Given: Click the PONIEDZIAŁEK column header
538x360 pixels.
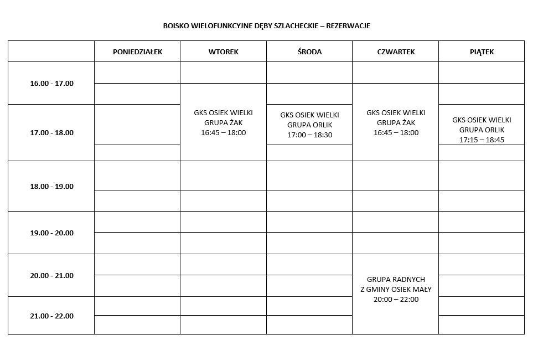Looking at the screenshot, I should [x=137, y=52].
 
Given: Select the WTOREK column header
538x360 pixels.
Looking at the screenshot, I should [x=223, y=52].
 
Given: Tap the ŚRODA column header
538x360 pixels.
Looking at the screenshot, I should [x=309, y=52].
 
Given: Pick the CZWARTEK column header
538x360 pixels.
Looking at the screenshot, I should [x=396, y=52].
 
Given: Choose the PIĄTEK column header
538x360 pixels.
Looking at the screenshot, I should [x=482, y=52].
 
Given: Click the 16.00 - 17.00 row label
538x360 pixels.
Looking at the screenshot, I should [x=51, y=84].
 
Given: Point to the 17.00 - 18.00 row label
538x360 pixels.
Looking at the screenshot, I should [x=51, y=133].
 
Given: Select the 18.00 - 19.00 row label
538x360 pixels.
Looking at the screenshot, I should [x=51, y=187].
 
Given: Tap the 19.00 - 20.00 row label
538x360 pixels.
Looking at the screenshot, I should [x=51, y=233].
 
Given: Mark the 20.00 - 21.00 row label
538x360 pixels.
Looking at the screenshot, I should [x=51, y=276].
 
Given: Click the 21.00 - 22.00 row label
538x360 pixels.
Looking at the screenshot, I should [x=51, y=316].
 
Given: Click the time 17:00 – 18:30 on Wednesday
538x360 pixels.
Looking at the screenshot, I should [x=309, y=135].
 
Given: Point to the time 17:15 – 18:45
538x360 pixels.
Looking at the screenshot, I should [x=482, y=140].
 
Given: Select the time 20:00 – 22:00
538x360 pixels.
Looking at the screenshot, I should [x=396, y=300].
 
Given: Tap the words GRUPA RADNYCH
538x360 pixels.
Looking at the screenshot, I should [x=396, y=280].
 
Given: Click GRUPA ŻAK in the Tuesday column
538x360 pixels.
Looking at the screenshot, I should [x=223, y=123].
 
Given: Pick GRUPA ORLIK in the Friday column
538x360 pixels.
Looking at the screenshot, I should [x=482, y=130].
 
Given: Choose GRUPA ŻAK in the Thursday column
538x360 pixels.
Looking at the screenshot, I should [x=396, y=123].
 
